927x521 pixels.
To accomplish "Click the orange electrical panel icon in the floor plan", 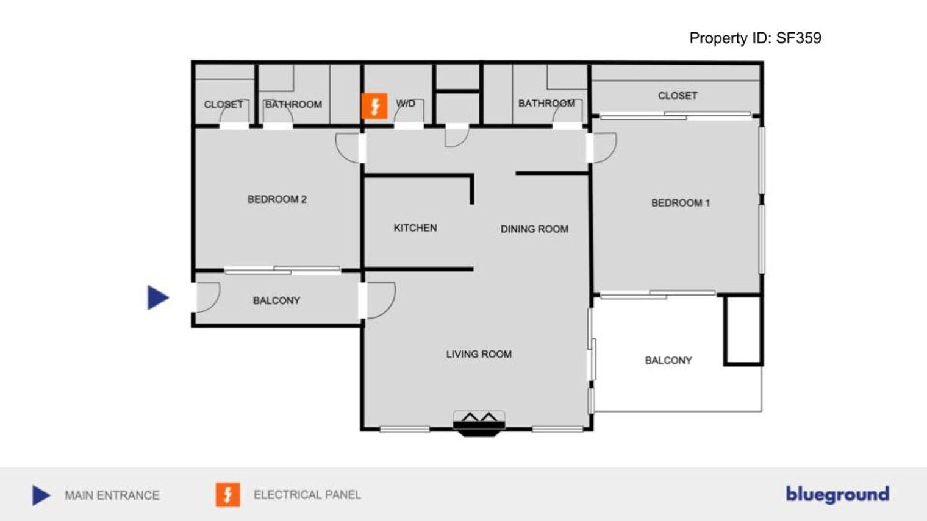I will [x=374, y=105].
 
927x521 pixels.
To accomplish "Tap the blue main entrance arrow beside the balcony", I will [x=157, y=297].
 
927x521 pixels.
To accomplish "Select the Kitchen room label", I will [x=415, y=228].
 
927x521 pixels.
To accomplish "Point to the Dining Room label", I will [x=534, y=229].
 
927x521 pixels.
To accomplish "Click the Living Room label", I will [x=479, y=354].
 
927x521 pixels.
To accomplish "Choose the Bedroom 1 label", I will [x=680, y=203].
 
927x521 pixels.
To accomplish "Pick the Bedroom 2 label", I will [x=277, y=199].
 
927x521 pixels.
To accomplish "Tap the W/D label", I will [x=406, y=104].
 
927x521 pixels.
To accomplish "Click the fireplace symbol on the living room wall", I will [x=479, y=423].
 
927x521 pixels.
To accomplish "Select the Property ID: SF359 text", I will [x=755, y=38].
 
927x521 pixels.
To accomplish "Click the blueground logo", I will [x=837, y=494].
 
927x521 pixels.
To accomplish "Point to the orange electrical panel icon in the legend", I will [x=227, y=495].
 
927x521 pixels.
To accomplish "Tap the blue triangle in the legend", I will [x=41, y=495].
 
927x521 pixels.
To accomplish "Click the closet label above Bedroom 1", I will [x=678, y=96].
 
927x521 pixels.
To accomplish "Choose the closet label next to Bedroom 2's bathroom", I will [x=223, y=105].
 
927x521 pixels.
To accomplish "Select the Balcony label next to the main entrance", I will [x=276, y=300].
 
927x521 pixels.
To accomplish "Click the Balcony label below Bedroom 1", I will [x=668, y=361].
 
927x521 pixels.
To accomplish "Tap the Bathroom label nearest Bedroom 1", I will [x=546, y=104].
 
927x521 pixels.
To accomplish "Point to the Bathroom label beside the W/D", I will [x=293, y=105].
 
